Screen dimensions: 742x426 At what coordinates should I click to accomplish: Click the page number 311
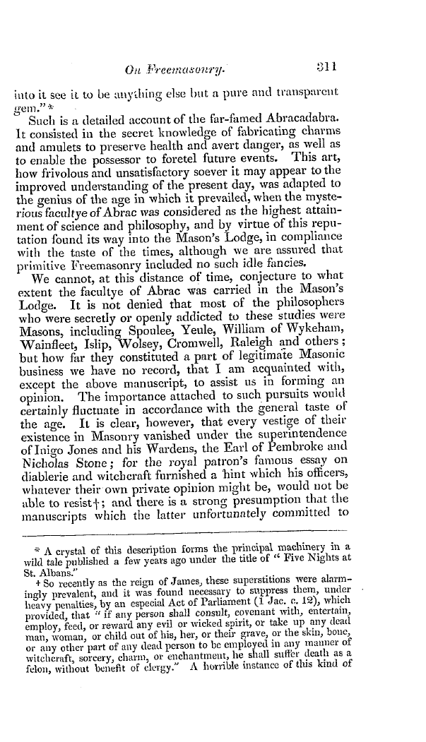coord(327,49)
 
